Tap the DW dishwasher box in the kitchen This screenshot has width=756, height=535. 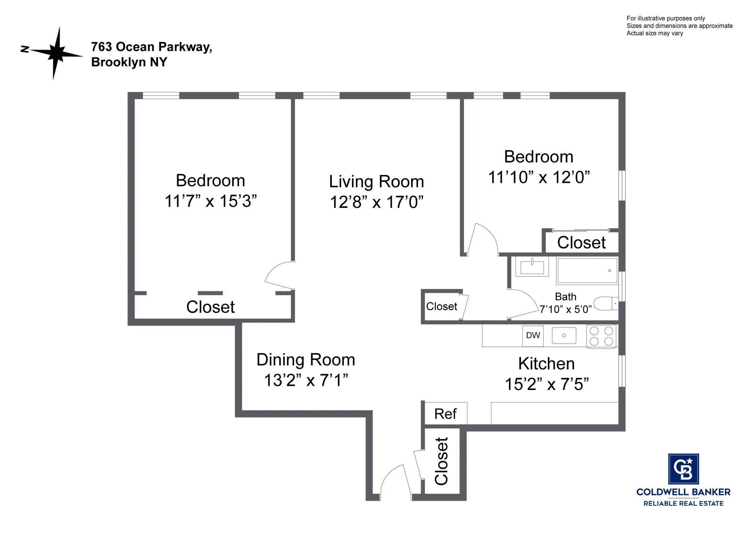pyautogui.click(x=533, y=335)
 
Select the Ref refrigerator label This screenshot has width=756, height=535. pyautogui.click(x=445, y=414)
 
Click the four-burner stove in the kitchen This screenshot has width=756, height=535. pyautogui.click(x=601, y=336)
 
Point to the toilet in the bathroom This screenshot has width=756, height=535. pyautogui.click(x=606, y=304)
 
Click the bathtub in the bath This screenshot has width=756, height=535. pyautogui.click(x=587, y=271)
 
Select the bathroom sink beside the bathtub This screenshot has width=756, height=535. pyautogui.click(x=532, y=267)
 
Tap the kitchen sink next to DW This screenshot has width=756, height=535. pyautogui.click(x=564, y=335)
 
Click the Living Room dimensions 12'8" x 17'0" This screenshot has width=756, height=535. pyautogui.click(x=376, y=202)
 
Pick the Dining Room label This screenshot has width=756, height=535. pyautogui.click(x=306, y=360)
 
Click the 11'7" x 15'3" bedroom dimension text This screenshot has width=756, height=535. pyautogui.click(x=211, y=201)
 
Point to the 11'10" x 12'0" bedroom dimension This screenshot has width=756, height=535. pyautogui.click(x=539, y=178)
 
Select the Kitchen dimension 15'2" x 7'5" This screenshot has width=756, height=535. pyautogui.click(x=546, y=384)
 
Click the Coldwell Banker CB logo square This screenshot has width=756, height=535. pyautogui.click(x=683, y=469)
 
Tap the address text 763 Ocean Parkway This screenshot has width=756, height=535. pyautogui.click(x=151, y=47)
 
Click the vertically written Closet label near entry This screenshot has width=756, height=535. pyautogui.click(x=441, y=461)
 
